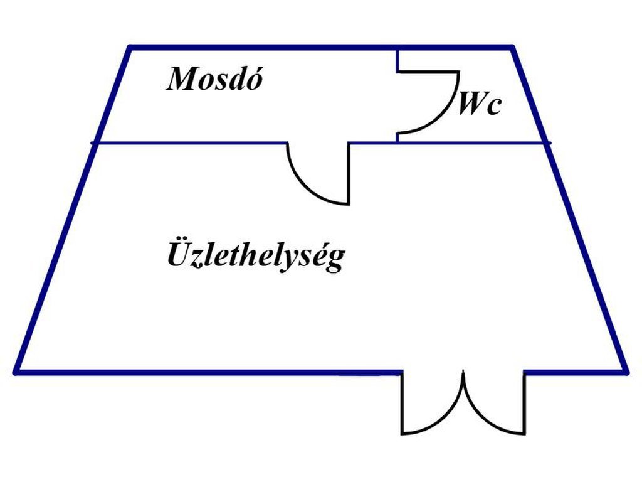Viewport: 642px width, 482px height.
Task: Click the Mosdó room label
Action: tap(213, 80)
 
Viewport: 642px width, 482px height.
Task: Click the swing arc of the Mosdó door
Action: tap(304, 185)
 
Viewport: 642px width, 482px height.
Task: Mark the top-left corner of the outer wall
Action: tap(130, 47)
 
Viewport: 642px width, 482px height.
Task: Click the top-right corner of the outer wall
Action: tap(513, 47)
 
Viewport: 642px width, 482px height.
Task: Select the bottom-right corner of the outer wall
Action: tap(625, 372)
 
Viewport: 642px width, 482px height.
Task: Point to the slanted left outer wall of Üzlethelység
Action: tap(56, 257)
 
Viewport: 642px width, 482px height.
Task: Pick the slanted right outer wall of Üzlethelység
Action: tap(586, 257)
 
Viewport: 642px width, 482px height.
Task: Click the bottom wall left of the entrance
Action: tap(207, 372)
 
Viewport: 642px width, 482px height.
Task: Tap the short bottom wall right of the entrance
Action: tap(574, 372)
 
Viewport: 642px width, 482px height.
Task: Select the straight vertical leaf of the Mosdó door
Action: tap(349, 173)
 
